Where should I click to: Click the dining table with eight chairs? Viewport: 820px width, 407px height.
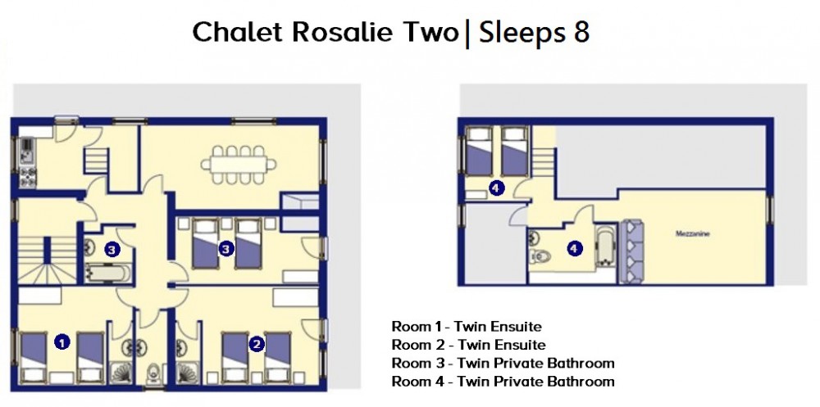[x=239, y=165]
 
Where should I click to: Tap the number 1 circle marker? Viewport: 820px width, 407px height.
[x=62, y=343]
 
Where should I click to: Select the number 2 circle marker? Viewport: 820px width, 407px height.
[x=256, y=343]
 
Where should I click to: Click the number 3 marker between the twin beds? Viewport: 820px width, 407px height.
[x=225, y=249]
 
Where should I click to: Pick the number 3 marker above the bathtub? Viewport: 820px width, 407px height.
[x=112, y=250]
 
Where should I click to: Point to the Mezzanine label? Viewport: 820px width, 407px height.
[x=693, y=234]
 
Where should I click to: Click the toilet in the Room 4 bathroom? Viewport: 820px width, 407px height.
[x=540, y=256]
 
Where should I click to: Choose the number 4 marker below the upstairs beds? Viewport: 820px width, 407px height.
[x=496, y=188]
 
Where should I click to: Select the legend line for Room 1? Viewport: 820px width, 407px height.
[x=467, y=327]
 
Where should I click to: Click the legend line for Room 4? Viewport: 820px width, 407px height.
[x=503, y=382]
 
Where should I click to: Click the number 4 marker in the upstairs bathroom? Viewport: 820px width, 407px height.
[x=575, y=249]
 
